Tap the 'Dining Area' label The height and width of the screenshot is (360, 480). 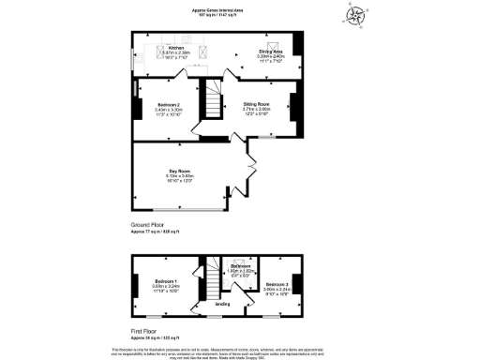point(272,52)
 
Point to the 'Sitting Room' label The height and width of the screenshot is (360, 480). point(257,104)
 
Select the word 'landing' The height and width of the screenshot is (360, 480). point(223,304)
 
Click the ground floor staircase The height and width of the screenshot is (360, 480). point(216,100)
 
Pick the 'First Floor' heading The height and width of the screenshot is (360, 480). point(146,331)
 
